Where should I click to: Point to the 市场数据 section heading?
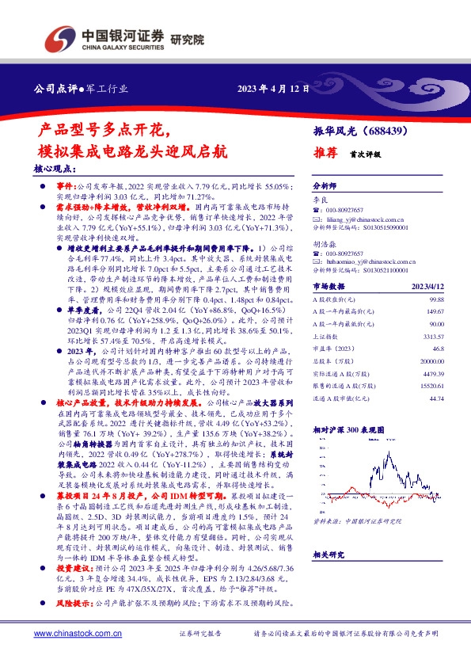[330, 287]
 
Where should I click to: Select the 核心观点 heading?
[55, 170]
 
